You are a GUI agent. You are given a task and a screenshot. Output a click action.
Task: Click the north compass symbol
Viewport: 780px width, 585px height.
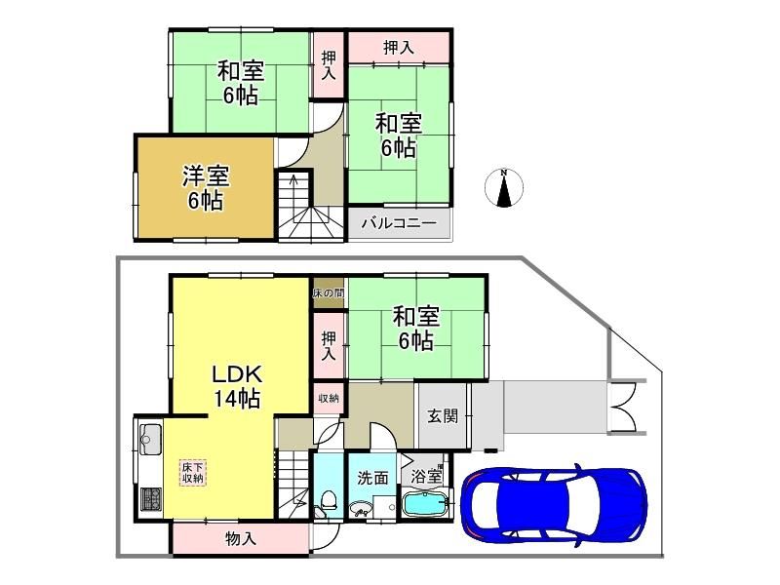(504, 188)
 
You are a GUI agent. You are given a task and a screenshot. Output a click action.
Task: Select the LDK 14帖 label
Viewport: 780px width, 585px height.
(237, 386)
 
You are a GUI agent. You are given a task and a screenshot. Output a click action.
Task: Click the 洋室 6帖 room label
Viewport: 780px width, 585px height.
(206, 188)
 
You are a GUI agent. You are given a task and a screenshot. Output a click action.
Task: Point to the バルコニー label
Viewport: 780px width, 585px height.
(399, 223)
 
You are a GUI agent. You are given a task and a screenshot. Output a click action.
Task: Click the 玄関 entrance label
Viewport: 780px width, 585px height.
(443, 416)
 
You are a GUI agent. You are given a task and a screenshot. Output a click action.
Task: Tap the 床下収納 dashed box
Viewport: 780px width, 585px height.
(192, 473)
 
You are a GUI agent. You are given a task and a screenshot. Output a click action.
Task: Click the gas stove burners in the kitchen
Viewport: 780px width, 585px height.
(151, 499)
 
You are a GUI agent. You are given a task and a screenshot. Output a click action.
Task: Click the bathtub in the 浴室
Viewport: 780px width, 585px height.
(423, 504)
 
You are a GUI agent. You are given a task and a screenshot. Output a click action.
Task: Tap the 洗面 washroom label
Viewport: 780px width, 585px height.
(372, 478)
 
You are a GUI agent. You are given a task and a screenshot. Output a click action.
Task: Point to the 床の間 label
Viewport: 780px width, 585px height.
(329, 293)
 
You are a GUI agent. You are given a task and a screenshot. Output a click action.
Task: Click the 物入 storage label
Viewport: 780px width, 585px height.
(241, 538)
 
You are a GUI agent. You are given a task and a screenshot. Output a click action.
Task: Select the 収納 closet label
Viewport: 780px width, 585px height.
(329, 398)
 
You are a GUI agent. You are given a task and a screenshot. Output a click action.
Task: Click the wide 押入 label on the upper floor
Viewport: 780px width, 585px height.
(399, 48)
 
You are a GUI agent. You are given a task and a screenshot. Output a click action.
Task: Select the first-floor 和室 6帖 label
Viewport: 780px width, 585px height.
(416, 329)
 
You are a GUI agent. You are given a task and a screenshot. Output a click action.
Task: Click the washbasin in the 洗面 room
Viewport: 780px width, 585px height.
(361, 510)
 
